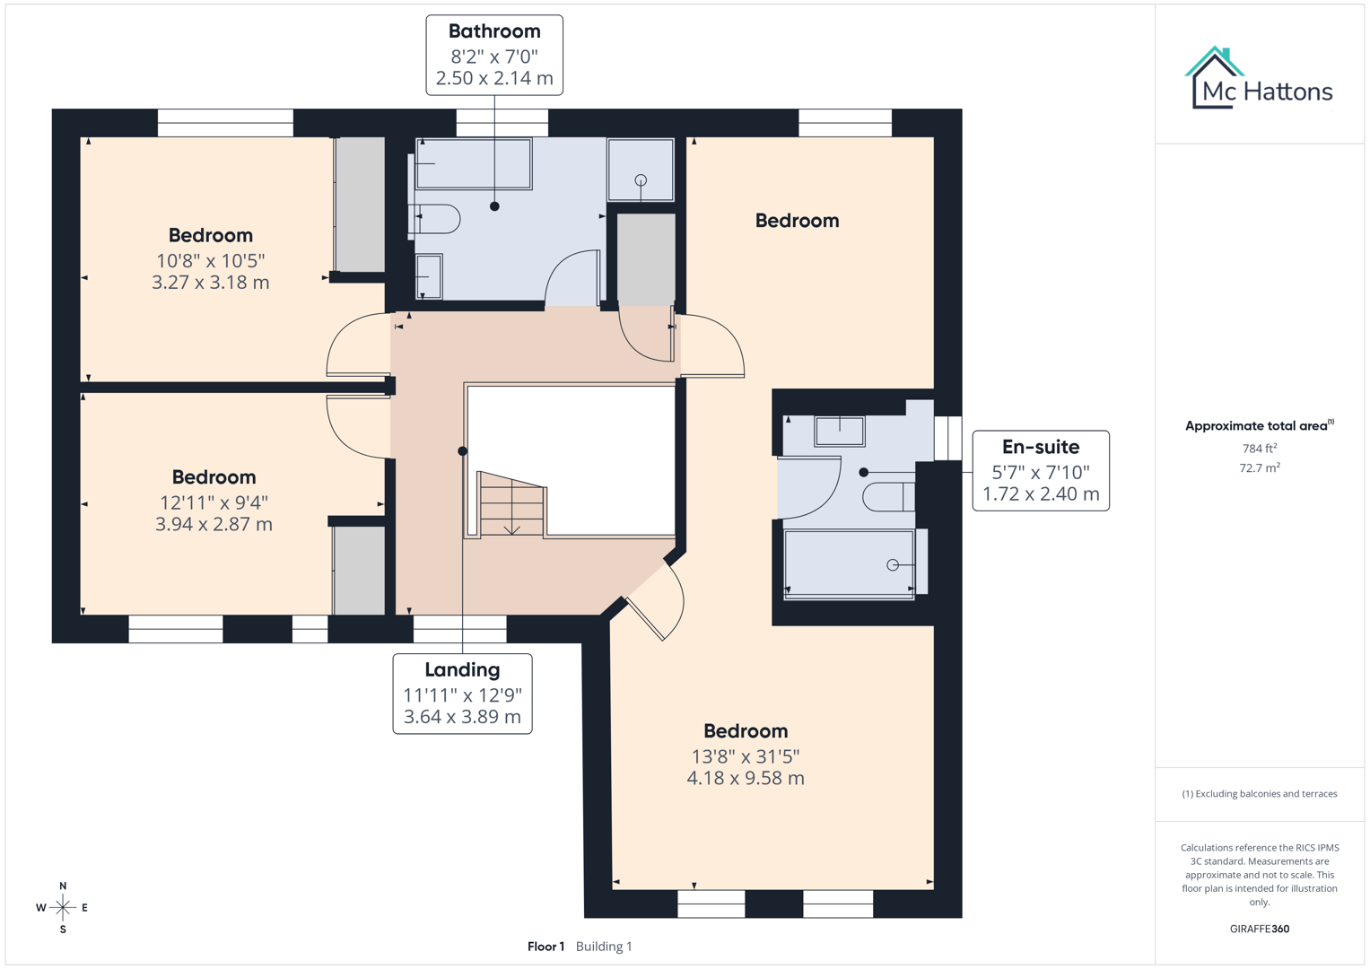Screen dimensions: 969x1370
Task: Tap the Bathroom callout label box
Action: tap(494, 55)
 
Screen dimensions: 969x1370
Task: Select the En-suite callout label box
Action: tap(1041, 471)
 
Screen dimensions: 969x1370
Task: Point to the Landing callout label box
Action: tap(462, 694)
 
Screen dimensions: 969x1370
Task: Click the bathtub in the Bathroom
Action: tap(473, 163)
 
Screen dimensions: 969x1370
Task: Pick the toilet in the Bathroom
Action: tap(437, 218)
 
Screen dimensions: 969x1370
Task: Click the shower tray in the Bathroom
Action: tap(641, 170)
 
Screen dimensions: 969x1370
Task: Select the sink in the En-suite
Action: tap(840, 431)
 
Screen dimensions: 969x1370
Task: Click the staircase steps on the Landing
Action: tap(511, 506)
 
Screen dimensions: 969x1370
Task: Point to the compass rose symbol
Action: tap(63, 908)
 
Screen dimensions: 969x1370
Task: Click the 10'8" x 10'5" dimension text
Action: tap(211, 261)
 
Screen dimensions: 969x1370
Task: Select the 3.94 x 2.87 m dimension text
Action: tap(214, 524)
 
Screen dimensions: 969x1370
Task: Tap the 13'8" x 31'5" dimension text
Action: tap(746, 756)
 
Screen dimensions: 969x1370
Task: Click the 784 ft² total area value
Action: tap(1259, 449)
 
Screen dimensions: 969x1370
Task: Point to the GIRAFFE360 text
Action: tap(1259, 929)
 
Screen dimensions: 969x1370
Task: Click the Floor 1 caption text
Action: tap(545, 947)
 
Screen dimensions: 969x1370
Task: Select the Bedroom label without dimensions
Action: tap(797, 221)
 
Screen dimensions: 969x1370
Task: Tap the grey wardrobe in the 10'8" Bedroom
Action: tap(361, 204)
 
